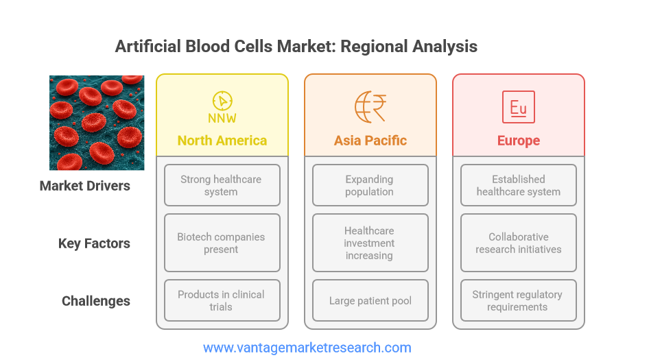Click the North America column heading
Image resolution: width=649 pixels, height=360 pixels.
click(x=222, y=141)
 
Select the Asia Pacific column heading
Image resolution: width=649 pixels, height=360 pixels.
click(x=370, y=141)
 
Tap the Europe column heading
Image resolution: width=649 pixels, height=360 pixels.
click(x=518, y=141)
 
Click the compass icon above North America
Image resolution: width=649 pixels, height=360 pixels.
click(x=222, y=107)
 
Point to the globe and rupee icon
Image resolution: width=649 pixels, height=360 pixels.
click(x=370, y=107)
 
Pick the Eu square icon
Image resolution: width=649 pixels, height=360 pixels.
click(x=518, y=107)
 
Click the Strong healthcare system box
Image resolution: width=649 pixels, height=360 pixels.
click(x=222, y=185)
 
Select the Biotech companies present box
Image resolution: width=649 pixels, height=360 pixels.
click(x=222, y=243)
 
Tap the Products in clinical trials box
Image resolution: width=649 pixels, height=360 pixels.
click(x=222, y=300)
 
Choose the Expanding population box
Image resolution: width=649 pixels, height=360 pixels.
click(x=370, y=185)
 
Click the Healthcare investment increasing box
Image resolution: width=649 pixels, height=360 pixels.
click(x=370, y=243)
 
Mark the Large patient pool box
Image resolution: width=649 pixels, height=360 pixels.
click(x=370, y=300)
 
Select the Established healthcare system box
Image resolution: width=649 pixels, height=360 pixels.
click(x=518, y=185)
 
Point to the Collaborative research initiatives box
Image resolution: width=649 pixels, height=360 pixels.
click(x=518, y=243)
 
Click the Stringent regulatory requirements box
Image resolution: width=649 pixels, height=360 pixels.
click(x=518, y=300)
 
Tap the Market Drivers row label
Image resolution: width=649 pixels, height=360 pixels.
click(x=85, y=186)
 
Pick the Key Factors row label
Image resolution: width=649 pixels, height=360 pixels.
click(x=94, y=243)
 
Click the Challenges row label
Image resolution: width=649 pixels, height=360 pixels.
click(x=96, y=301)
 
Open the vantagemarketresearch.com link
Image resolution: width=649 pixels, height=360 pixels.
click(x=307, y=348)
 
